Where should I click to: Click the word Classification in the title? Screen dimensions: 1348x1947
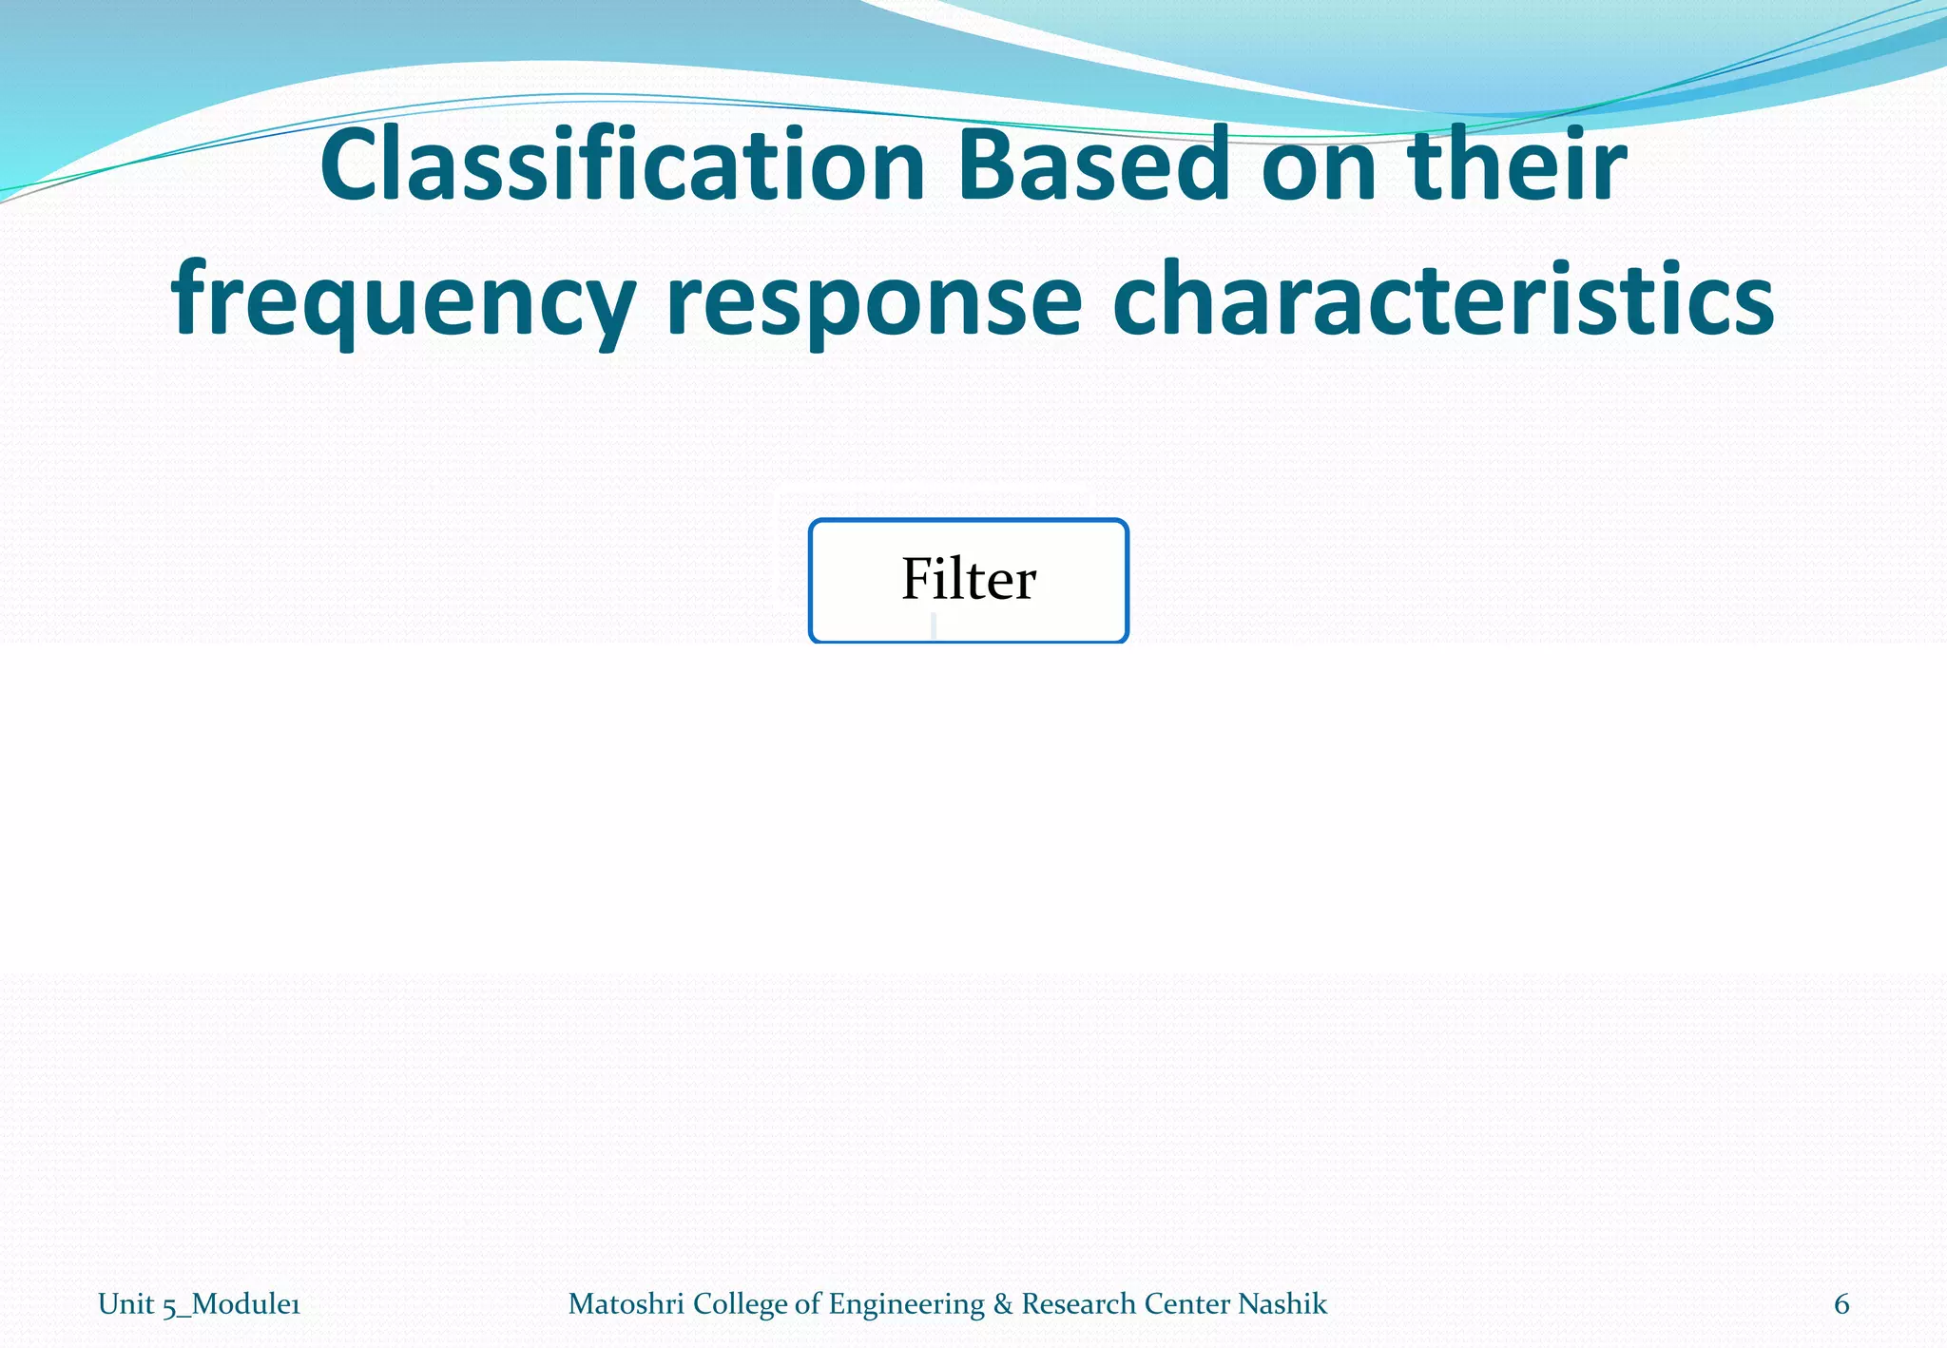(x=623, y=167)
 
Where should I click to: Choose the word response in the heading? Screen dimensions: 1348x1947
(x=874, y=302)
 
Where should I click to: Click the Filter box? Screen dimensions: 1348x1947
(x=968, y=580)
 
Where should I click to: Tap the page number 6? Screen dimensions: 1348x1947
(x=1841, y=1304)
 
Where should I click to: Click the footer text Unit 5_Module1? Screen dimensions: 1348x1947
(x=199, y=1304)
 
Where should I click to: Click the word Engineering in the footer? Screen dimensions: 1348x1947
(x=906, y=1304)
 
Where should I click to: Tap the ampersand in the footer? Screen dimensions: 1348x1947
(x=1002, y=1304)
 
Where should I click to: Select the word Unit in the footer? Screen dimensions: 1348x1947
(x=125, y=1304)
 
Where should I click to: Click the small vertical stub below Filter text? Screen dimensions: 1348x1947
(x=935, y=626)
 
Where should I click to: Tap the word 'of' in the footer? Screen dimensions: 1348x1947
(x=807, y=1304)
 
